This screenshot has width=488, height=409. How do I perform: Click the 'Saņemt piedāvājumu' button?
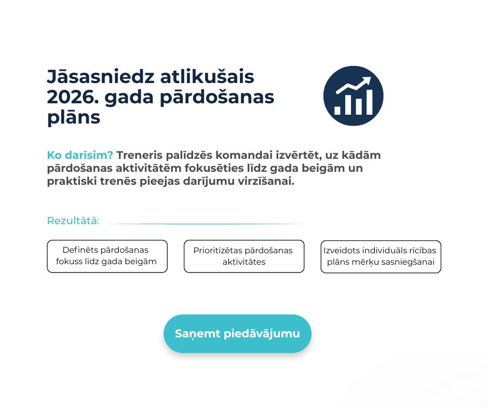237,333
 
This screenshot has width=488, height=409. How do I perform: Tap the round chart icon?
353,96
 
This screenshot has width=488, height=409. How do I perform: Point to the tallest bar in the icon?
370,102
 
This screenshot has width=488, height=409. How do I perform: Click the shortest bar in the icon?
337,111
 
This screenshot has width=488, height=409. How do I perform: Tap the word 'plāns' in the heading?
74,118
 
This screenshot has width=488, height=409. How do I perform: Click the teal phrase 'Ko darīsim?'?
80,155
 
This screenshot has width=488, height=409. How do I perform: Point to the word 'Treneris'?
139,155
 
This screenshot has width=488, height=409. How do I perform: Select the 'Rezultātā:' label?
73,221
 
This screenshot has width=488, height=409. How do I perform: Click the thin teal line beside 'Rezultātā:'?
204,224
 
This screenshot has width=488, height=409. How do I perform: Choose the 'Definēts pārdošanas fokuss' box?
107,256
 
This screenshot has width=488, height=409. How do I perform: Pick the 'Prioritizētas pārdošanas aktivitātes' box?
244,256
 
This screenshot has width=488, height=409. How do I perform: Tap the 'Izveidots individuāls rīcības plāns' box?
381,256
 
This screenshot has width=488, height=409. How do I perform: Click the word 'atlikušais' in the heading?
207,77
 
